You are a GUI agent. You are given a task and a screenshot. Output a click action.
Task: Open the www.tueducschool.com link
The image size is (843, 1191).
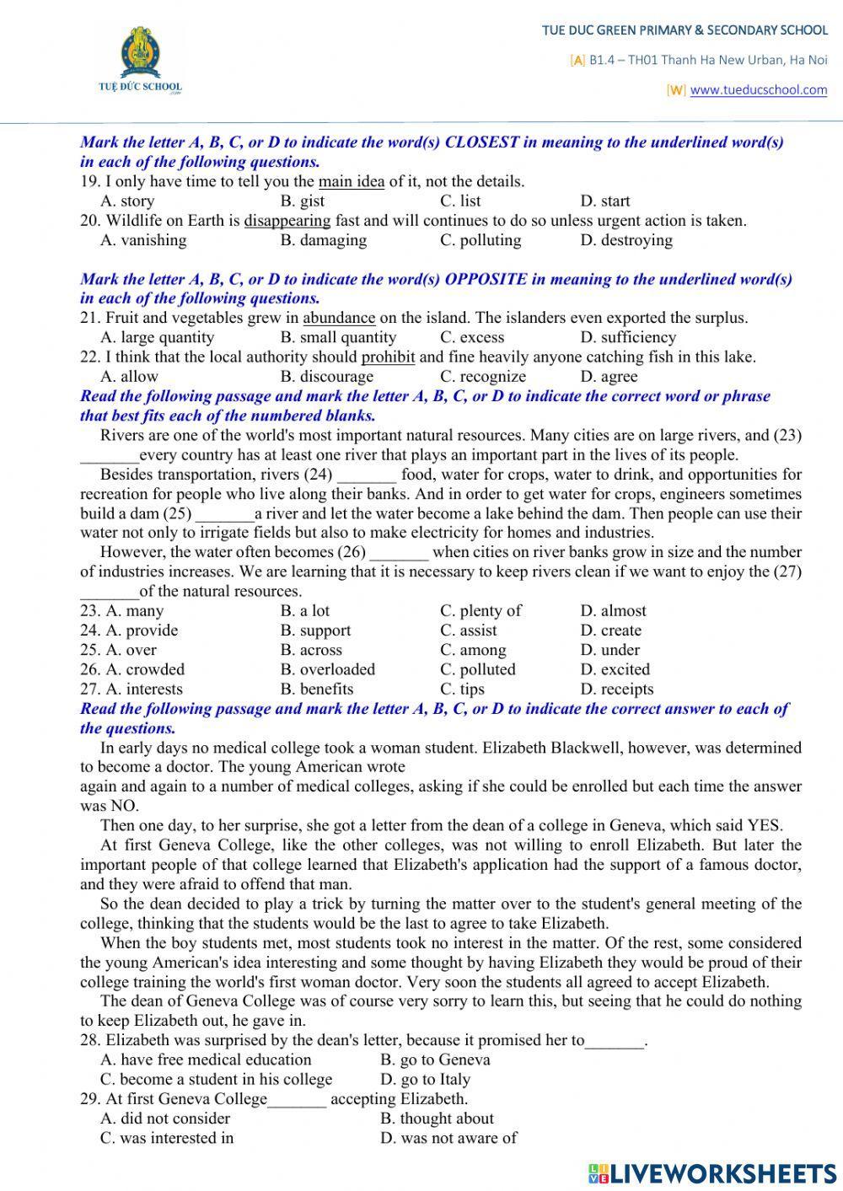[x=758, y=90]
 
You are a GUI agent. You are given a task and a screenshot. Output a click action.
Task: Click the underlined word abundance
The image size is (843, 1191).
[x=339, y=318]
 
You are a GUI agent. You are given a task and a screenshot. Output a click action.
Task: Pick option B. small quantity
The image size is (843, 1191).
[x=338, y=337]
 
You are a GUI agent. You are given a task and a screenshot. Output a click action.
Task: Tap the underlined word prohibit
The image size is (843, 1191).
[x=388, y=357]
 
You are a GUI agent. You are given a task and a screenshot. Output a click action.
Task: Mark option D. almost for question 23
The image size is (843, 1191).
[x=613, y=611]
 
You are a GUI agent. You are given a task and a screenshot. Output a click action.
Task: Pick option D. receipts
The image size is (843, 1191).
[x=616, y=689]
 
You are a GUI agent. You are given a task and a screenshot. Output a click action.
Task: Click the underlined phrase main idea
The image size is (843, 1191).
[x=352, y=181]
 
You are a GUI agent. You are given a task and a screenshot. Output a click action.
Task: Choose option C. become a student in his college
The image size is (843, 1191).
[x=217, y=1079]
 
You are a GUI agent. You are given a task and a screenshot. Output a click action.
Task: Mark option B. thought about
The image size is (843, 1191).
[x=437, y=1119]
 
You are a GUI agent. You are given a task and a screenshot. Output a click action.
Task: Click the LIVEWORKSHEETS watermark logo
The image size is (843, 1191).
[x=712, y=1172]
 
